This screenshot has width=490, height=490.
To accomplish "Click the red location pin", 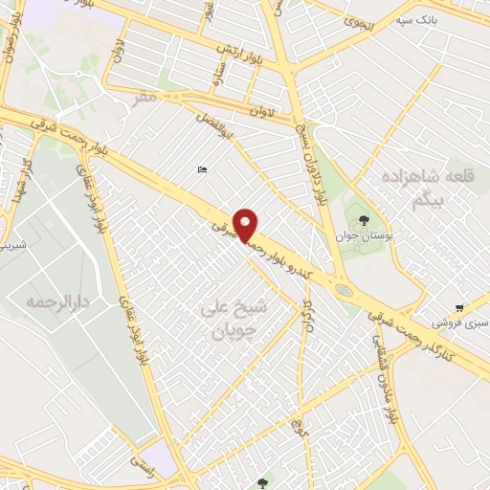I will (246, 224).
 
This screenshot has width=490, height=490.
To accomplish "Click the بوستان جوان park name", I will (359, 234).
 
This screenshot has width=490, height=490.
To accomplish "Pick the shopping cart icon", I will (460, 308).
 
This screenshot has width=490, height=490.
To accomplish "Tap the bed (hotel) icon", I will (201, 170).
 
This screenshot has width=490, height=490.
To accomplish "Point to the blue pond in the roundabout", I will (343, 287).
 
